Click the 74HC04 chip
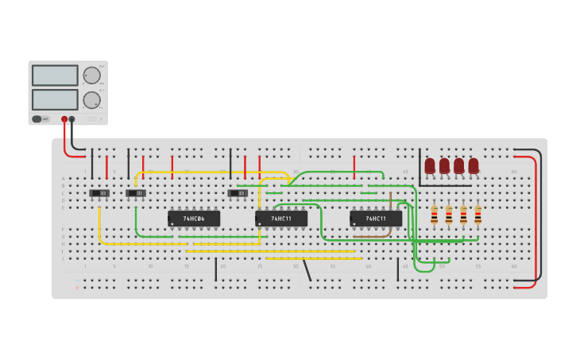click(194, 218)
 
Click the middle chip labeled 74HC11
click(281, 218)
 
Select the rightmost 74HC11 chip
click(376, 218)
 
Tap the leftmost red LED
click(430, 165)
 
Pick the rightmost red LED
click(474, 165)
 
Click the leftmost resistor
click(434, 215)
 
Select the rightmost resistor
click(478, 215)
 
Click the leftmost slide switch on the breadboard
click(99, 193)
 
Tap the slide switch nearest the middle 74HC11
click(238, 193)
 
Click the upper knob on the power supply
click(92, 75)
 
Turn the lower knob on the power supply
click(92, 100)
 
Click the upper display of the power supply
click(55, 75)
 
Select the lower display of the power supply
click(55, 99)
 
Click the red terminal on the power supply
click(64, 119)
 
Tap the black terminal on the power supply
click(72, 119)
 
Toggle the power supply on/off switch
click(37, 119)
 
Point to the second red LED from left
click(444, 165)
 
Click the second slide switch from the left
click(136, 193)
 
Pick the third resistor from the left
click(463, 215)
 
